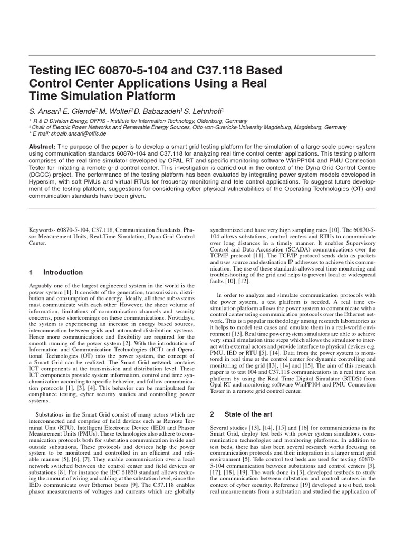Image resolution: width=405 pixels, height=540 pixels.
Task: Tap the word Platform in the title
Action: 150,96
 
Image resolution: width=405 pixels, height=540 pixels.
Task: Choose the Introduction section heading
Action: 63,272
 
